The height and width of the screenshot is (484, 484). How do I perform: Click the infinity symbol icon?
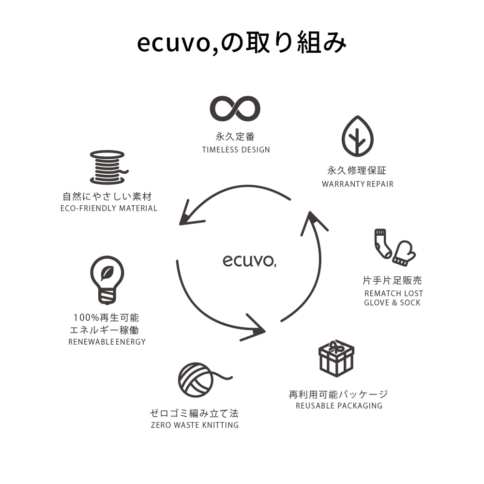click(235, 108)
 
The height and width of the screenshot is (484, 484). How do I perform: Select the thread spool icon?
click(107, 167)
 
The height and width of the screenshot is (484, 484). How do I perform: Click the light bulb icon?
click(107, 279)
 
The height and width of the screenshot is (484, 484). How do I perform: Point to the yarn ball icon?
click(196, 378)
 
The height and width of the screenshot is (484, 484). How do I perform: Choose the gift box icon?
click(336, 358)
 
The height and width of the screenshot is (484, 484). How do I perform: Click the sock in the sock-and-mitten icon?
click(382, 243)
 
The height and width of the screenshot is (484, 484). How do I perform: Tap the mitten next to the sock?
click(403, 253)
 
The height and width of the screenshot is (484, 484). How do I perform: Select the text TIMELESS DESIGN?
click(236, 150)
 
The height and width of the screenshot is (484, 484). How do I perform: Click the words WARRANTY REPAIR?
click(357, 184)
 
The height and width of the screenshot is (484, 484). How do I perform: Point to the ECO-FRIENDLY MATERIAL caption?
click(109, 208)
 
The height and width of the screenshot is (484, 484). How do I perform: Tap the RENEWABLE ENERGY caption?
click(107, 342)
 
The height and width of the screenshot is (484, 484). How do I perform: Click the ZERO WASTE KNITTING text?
click(195, 425)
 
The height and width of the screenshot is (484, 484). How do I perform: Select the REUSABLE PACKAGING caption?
click(339, 406)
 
